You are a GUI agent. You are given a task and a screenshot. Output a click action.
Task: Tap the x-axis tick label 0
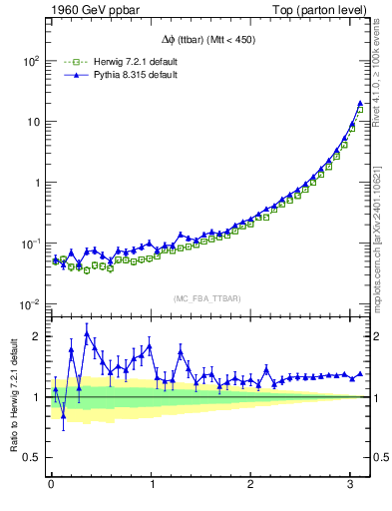click(x=51, y=484)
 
